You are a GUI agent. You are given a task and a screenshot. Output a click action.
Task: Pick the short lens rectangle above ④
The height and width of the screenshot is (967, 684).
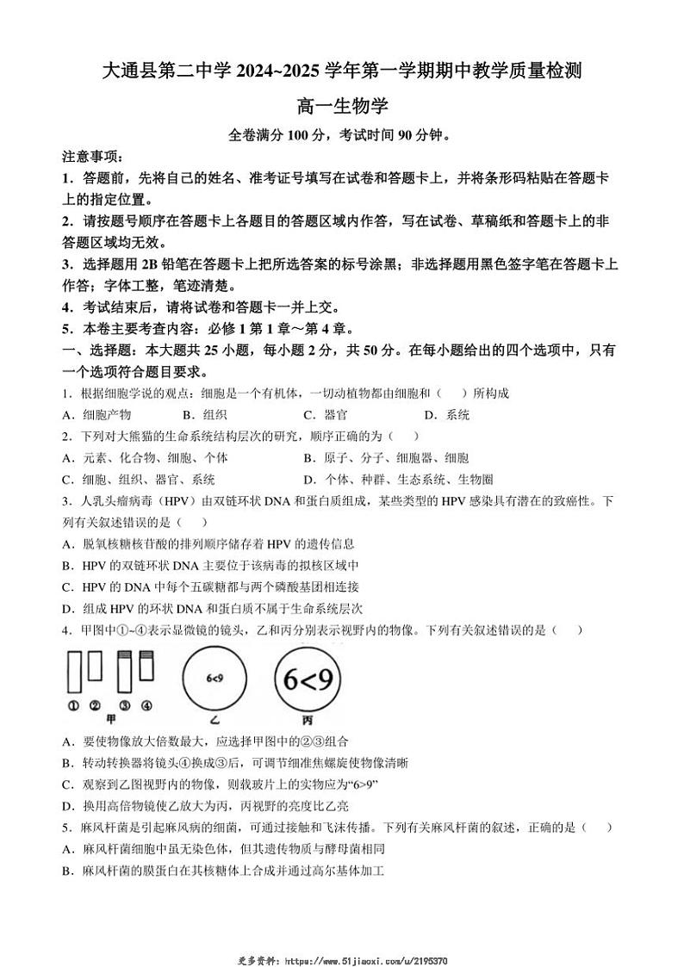pyautogui.click(x=146, y=666)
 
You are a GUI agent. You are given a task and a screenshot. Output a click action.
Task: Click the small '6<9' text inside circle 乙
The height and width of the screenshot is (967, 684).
pyautogui.click(x=215, y=679)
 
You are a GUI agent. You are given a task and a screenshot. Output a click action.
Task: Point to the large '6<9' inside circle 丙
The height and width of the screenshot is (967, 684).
pyautogui.click(x=308, y=680)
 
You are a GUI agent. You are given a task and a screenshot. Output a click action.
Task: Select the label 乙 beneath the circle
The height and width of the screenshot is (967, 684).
pyautogui.click(x=216, y=719)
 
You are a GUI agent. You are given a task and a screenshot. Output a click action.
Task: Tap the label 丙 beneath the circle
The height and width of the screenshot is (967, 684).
pyautogui.click(x=307, y=719)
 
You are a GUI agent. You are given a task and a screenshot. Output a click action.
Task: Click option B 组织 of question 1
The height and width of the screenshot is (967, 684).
pyautogui.click(x=199, y=415)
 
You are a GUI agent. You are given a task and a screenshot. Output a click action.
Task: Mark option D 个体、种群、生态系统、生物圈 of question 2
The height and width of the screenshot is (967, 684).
pyautogui.click(x=398, y=480)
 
